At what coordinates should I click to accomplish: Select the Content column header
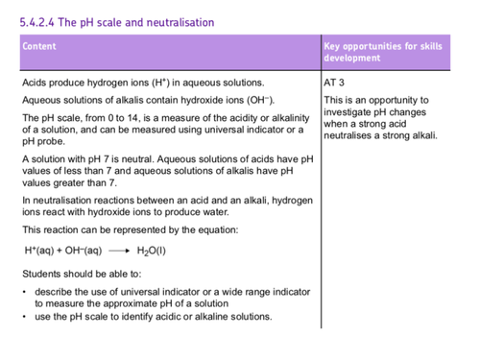tap(39, 46)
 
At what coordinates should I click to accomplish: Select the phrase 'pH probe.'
tap(43, 141)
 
